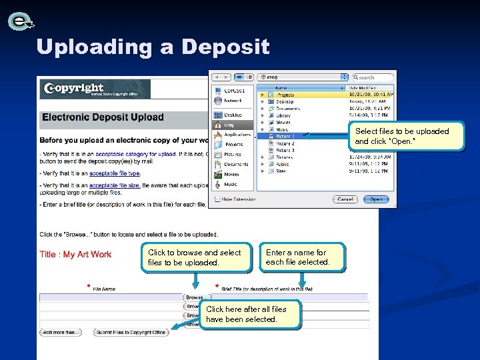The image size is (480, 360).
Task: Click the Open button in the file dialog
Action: [377, 199]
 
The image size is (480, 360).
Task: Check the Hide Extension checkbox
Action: [218, 199]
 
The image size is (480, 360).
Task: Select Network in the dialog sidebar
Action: [233, 101]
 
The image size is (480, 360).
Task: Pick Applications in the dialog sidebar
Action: [237, 135]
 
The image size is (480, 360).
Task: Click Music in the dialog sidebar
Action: [231, 185]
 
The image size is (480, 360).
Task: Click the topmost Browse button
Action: [195, 297]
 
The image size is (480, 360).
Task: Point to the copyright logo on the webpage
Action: [73, 89]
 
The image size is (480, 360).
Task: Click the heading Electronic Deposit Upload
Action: [103, 117]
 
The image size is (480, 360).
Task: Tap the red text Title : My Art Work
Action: [75, 255]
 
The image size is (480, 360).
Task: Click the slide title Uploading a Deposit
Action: [153, 47]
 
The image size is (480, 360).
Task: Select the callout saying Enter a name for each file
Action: [303, 257]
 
